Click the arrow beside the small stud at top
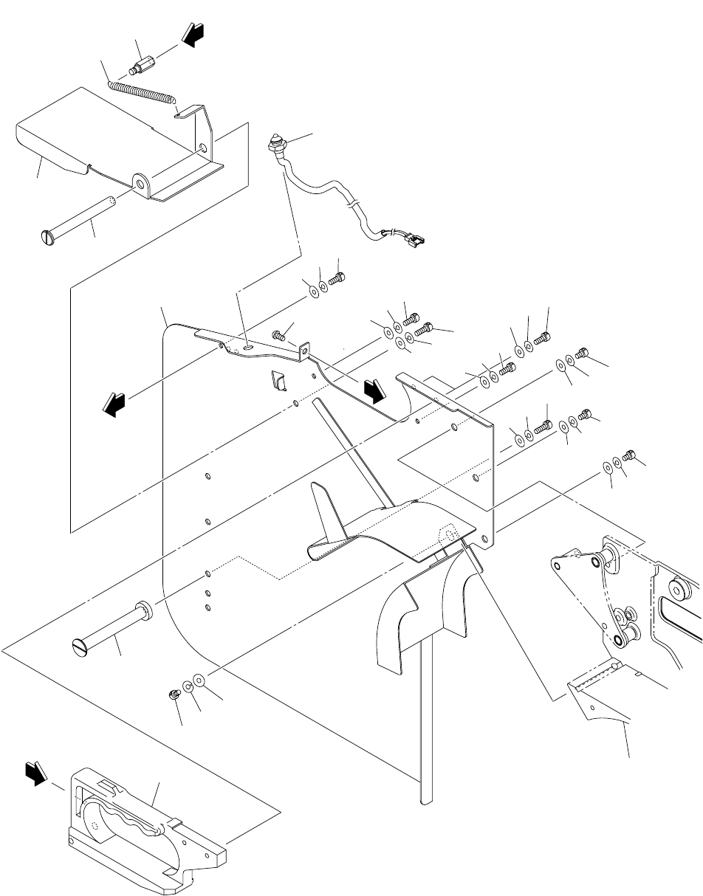tap(193, 38)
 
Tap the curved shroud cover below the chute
tap(421, 613)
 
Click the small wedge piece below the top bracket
tap(279, 380)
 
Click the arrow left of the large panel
tap(114, 403)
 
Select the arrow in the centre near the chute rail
tap(374, 390)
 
